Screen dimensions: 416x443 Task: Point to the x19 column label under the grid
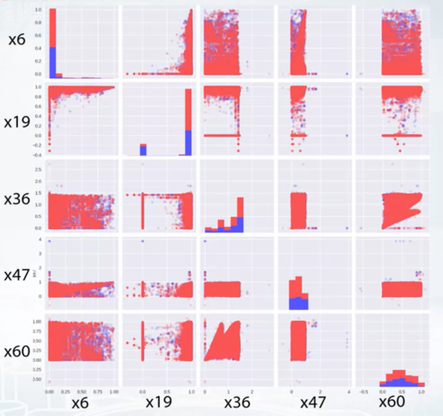tap(160, 402)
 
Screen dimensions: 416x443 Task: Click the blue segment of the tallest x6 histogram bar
tap(53, 61)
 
